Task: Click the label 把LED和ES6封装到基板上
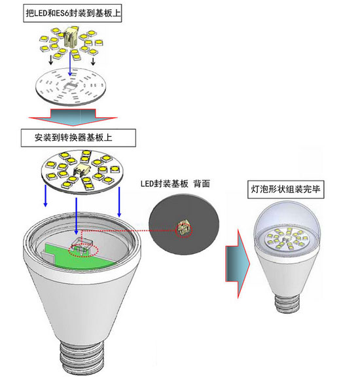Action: click(x=73, y=13)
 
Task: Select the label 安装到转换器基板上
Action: click(x=73, y=137)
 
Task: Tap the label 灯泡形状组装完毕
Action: click(x=285, y=189)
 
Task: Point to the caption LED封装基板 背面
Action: click(x=175, y=184)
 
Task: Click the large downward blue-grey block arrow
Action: click(x=73, y=117)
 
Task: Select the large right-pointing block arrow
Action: click(x=238, y=264)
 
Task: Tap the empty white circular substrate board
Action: click(x=71, y=86)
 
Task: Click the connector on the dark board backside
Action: click(x=184, y=228)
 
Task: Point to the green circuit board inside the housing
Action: click(x=79, y=256)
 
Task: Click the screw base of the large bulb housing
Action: click(x=82, y=357)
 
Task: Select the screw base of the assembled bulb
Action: click(x=288, y=304)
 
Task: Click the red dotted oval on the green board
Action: click(x=83, y=251)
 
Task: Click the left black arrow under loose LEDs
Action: click(x=51, y=60)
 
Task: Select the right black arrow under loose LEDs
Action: click(x=93, y=61)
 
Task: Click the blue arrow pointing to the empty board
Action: click(x=70, y=63)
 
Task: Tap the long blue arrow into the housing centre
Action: click(x=76, y=216)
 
